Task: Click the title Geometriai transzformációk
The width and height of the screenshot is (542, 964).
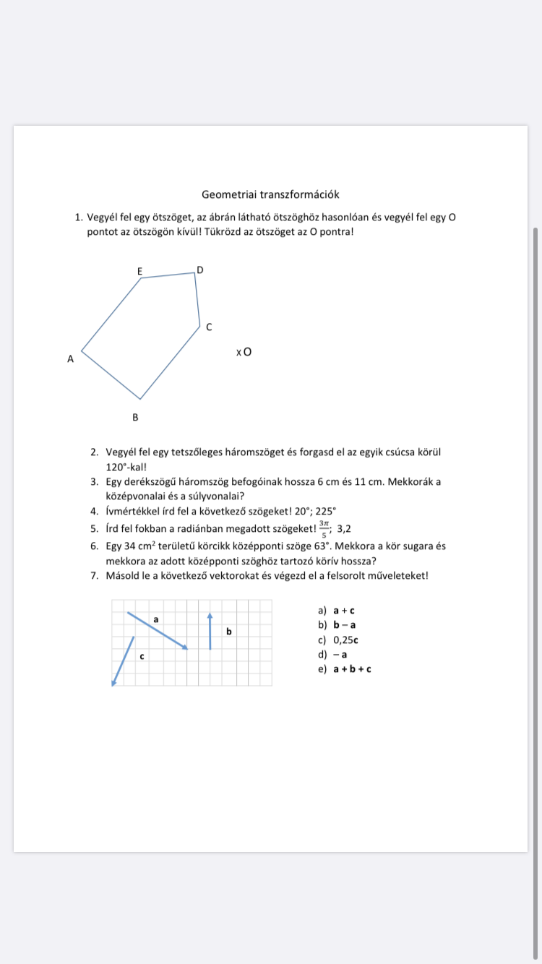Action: (x=270, y=194)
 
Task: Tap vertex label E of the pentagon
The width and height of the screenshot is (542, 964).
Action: (x=140, y=272)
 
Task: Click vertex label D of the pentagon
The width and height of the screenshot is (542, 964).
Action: (x=200, y=270)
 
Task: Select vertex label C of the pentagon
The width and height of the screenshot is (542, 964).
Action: (x=209, y=327)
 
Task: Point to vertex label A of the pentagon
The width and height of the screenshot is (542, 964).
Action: (x=70, y=358)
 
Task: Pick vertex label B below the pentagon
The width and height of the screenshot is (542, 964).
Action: (x=135, y=417)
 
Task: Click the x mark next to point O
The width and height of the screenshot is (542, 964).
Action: (x=238, y=353)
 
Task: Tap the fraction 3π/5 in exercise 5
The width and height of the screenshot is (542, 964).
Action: (x=324, y=528)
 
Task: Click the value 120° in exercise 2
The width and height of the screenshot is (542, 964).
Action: (x=119, y=467)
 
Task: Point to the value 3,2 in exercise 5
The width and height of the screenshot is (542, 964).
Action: (x=344, y=528)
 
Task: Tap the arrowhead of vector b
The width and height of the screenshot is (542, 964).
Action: (x=210, y=616)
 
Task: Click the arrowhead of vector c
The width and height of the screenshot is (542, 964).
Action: (x=113, y=681)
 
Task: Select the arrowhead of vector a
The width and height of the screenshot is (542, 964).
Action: (x=184, y=647)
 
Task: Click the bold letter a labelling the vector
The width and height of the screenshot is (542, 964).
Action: (x=156, y=619)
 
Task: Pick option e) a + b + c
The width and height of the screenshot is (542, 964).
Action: (x=345, y=669)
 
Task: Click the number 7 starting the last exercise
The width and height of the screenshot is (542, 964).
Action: (x=94, y=576)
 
